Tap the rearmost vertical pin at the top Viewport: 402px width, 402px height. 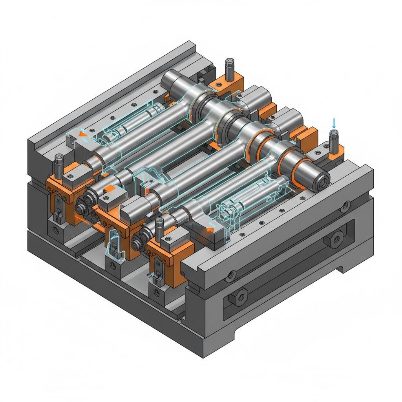[228, 69]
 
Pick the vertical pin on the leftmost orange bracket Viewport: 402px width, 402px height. [59, 165]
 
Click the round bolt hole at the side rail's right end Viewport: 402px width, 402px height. [346, 205]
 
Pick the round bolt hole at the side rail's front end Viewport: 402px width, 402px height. [229, 274]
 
